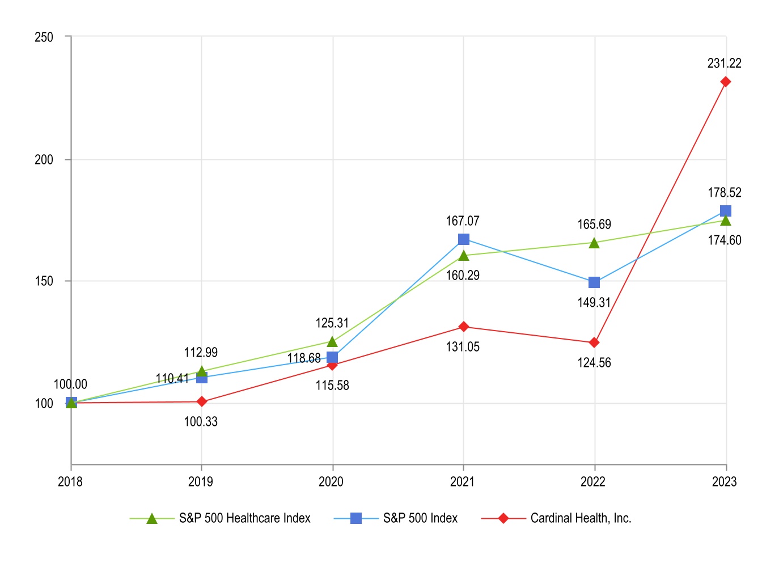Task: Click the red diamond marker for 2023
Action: click(x=725, y=82)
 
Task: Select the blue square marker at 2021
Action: click(x=464, y=239)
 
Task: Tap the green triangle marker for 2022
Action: click(x=594, y=243)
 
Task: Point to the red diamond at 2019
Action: click(x=201, y=401)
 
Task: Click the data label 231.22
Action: click(x=724, y=64)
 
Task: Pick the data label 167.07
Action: click(x=463, y=221)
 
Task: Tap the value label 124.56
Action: click(x=594, y=363)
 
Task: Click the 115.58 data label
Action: click(x=332, y=386)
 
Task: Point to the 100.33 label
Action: click(x=201, y=422)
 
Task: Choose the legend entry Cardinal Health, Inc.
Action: click(x=581, y=518)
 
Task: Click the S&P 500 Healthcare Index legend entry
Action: click(x=244, y=518)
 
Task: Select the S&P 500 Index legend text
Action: click(x=420, y=518)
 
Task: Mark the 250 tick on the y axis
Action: click(x=44, y=37)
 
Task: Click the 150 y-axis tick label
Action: click(x=44, y=281)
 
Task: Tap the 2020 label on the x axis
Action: click(x=331, y=482)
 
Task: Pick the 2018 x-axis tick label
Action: click(x=70, y=482)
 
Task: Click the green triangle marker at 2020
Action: click(x=332, y=341)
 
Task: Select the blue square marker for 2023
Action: click(x=725, y=211)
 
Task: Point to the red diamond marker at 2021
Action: click(x=464, y=327)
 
